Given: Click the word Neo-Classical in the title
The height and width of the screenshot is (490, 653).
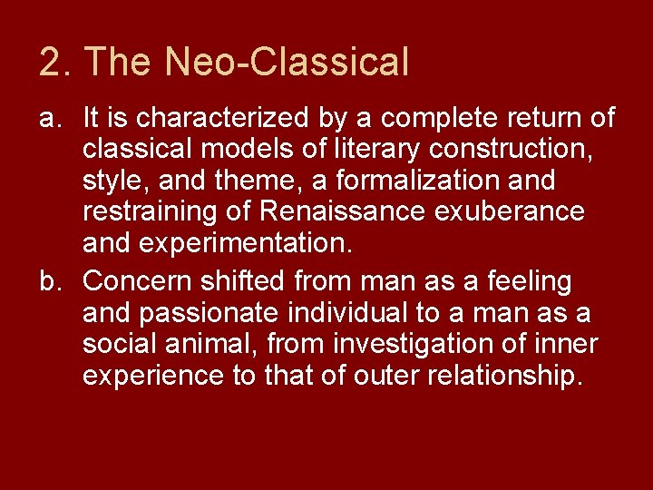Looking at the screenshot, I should point(288,62).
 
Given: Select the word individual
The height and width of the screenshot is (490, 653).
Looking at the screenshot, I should point(345,314).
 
